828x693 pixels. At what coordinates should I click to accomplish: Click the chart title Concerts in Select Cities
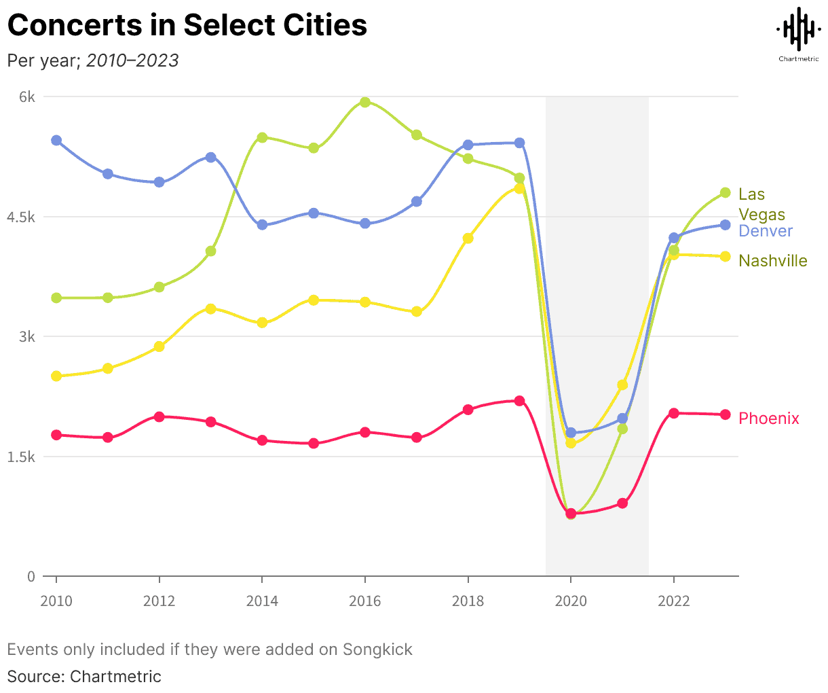pyautogui.click(x=187, y=26)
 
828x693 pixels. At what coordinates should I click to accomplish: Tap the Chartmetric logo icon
pyautogui.click(x=798, y=29)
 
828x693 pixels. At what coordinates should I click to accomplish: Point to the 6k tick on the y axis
pyautogui.click(x=27, y=97)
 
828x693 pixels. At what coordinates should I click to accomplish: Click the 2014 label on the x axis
pyautogui.click(x=262, y=601)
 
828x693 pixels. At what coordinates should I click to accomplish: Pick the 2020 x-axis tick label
pyautogui.click(x=571, y=601)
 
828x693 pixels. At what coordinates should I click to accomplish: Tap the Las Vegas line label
pyautogui.click(x=761, y=205)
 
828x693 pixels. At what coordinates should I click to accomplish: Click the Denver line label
pyautogui.click(x=766, y=231)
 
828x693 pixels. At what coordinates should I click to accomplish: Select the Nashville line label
pyautogui.click(x=773, y=261)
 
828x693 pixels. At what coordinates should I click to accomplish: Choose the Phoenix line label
pyautogui.click(x=769, y=419)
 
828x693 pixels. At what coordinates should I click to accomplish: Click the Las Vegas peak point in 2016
pyautogui.click(x=365, y=102)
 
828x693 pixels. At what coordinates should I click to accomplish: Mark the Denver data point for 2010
pyautogui.click(x=56, y=140)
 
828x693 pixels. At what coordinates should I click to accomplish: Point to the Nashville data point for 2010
pyautogui.click(x=56, y=376)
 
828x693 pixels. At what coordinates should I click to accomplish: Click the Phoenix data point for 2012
pyautogui.click(x=159, y=416)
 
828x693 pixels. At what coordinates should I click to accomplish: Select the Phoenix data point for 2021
pyautogui.click(x=622, y=503)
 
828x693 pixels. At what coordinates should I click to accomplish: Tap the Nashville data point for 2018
pyautogui.click(x=468, y=238)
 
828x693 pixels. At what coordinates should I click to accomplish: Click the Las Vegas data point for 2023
pyautogui.click(x=725, y=193)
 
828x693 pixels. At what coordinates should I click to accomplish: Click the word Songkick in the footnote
pyautogui.click(x=377, y=650)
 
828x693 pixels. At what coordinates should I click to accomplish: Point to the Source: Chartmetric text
pyautogui.click(x=84, y=677)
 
